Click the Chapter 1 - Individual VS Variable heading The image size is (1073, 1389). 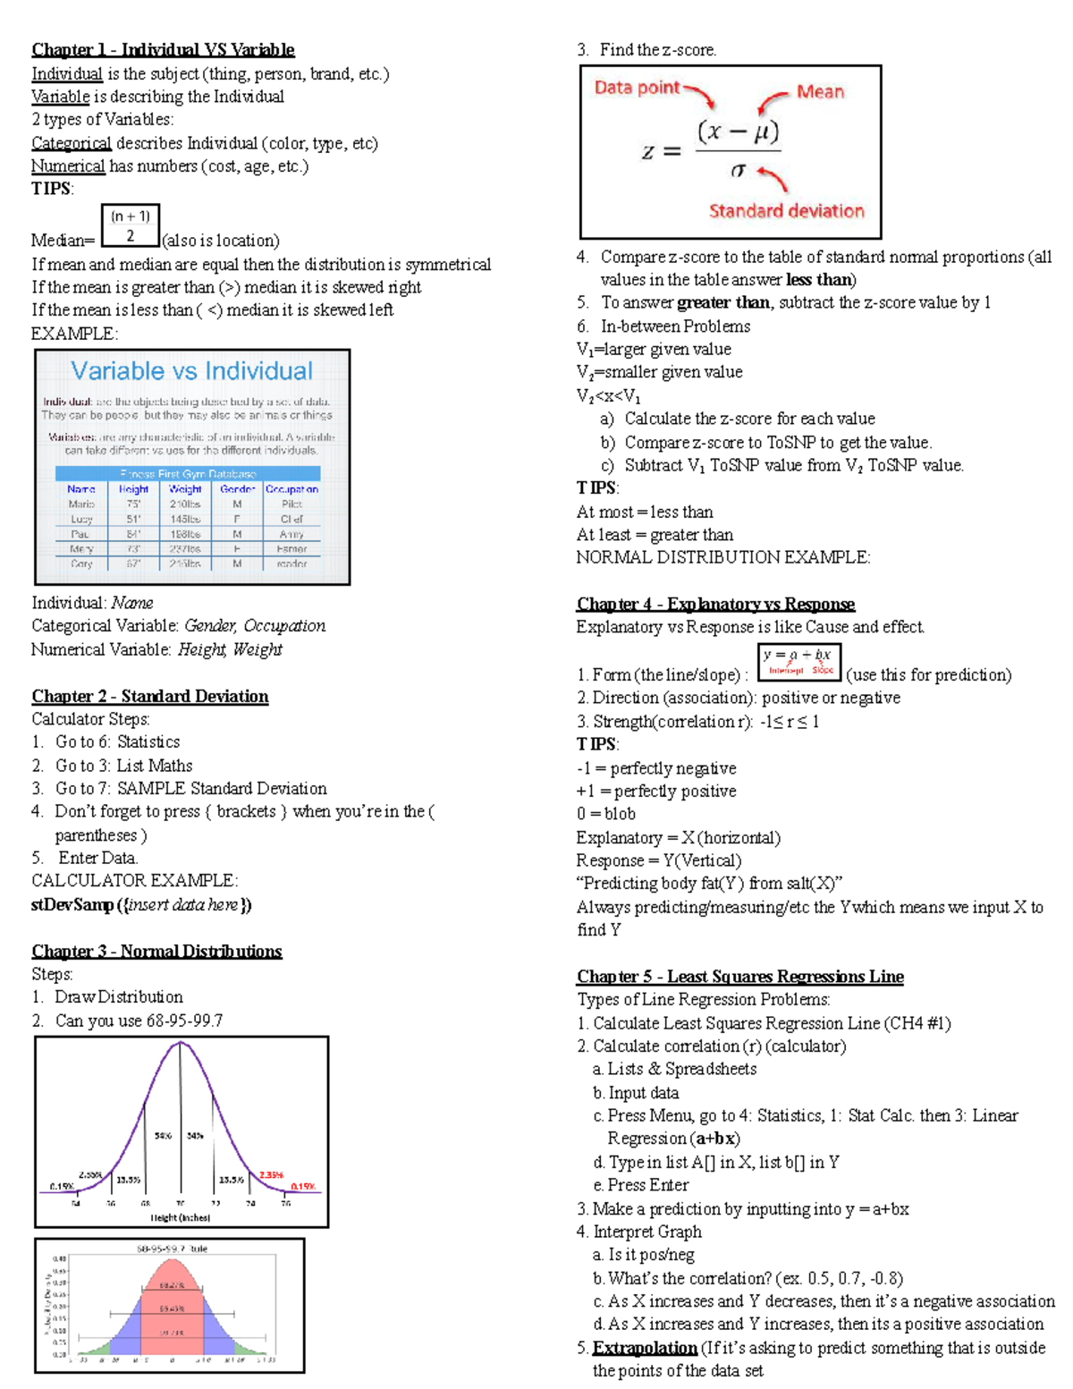[163, 50]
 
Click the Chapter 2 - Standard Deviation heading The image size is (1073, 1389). [149, 696]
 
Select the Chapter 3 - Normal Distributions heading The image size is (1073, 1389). [156, 951]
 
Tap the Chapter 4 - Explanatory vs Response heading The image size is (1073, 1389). [715, 604]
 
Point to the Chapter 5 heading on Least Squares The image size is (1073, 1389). [739, 977]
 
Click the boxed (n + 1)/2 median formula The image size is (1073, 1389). [130, 225]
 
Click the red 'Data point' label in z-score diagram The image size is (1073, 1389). [637, 88]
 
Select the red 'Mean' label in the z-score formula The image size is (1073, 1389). [820, 92]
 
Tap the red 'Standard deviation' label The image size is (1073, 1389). [786, 211]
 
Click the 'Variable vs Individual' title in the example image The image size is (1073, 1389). [191, 371]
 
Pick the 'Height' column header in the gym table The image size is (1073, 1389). [133, 489]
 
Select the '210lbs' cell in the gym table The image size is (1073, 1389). [185, 504]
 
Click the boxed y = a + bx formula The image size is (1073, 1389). [798, 662]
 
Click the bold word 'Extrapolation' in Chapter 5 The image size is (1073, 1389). [645, 1348]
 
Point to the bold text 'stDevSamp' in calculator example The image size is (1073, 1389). [72, 904]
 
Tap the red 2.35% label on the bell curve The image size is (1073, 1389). [271, 1175]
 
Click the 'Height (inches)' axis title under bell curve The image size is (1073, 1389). [180, 1217]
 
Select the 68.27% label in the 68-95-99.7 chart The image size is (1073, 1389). [172, 1285]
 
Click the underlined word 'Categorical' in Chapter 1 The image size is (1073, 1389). [72, 143]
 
